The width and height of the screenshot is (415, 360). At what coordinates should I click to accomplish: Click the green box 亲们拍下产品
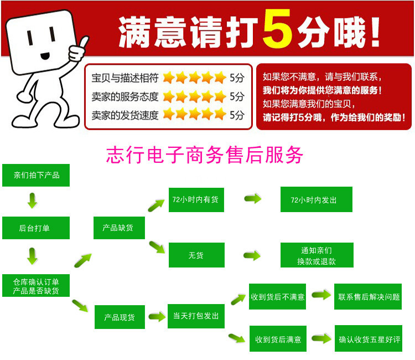click(36, 175)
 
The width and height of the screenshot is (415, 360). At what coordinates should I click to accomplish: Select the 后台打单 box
click(36, 228)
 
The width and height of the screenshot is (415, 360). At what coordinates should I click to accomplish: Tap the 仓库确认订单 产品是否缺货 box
click(36, 286)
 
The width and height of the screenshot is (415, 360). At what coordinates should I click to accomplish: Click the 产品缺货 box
click(117, 228)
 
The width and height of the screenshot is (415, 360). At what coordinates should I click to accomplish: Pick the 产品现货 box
click(120, 317)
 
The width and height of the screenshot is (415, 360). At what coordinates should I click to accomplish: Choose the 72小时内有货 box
click(196, 199)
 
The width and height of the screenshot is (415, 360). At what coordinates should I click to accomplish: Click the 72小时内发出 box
click(316, 199)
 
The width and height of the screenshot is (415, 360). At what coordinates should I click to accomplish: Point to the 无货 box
click(196, 255)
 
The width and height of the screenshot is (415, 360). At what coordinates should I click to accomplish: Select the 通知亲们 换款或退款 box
click(316, 255)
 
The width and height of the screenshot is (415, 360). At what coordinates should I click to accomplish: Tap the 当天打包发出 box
click(196, 316)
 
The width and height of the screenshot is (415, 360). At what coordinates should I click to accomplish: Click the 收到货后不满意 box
click(277, 297)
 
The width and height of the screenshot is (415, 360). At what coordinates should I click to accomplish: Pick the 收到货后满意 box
click(277, 339)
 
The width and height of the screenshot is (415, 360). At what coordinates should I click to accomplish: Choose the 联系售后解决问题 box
click(369, 297)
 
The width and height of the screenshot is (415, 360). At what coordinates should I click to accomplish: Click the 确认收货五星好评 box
click(369, 339)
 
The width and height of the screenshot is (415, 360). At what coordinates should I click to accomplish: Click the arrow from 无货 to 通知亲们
click(252, 255)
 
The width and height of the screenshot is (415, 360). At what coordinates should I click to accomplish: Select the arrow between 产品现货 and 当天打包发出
click(157, 317)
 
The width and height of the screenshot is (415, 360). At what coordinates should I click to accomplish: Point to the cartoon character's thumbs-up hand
click(78, 50)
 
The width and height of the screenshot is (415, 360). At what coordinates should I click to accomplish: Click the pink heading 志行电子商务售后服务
click(205, 155)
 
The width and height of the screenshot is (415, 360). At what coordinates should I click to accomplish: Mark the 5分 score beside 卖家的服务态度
click(237, 96)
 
